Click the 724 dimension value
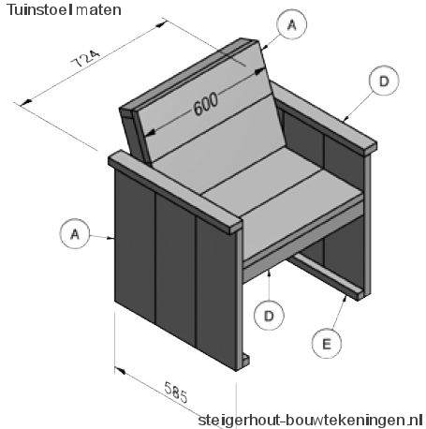[86, 58]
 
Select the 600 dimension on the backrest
[206, 103]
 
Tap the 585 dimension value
[176, 392]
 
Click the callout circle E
[327, 344]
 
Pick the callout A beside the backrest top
[292, 24]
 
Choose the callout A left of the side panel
[75, 233]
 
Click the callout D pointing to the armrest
[384, 81]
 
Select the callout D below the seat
[269, 316]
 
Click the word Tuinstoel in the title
[38, 9]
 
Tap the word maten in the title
[98, 10]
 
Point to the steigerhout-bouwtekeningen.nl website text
[311, 420]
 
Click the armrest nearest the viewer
[175, 192]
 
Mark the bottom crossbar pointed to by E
[326, 276]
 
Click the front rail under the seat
[302, 241]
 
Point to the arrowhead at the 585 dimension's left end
[120, 370]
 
